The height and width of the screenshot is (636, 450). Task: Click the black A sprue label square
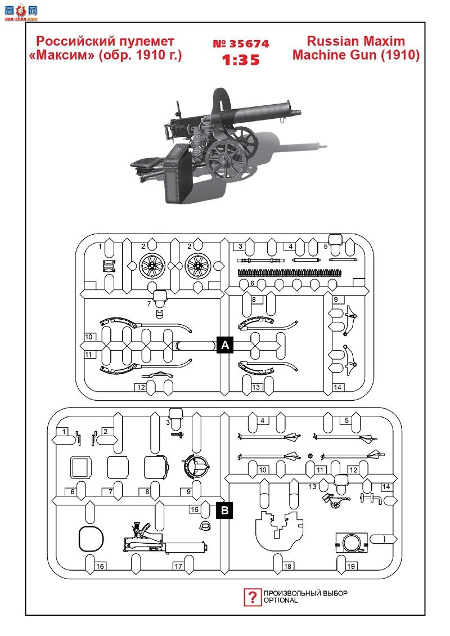pyautogui.click(x=225, y=345)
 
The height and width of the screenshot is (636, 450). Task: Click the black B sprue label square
pyautogui.click(x=225, y=510)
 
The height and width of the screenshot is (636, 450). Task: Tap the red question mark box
pyautogui.click(x=252, y=597)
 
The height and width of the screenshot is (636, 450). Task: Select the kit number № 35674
pyautogui.click(x=241, y=44)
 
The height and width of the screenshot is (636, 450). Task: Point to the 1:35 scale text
pyautogui.click(x=241, y=60)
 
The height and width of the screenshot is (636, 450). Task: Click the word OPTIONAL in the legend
pyautogui.click(x=281, y=601)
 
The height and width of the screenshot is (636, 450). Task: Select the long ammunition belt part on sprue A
pyautogui.click(x=290, y=272)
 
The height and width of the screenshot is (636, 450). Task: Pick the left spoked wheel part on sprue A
pyautogui.click(x=152, y=266)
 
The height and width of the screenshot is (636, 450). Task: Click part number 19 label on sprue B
pyautogui.click(x=351, y=566)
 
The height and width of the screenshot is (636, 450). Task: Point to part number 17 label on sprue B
pyautogui.click(x=178, y=566)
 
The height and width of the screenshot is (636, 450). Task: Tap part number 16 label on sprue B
pyautogui.click(x=100, y=566)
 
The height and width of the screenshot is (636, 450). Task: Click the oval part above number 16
pyautogui.click(x=91, y=539)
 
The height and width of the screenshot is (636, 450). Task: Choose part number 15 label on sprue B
pyautogui.click(x=195, y=509)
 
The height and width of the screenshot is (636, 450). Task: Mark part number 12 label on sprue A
pyautogui.click(x=141, y=387)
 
